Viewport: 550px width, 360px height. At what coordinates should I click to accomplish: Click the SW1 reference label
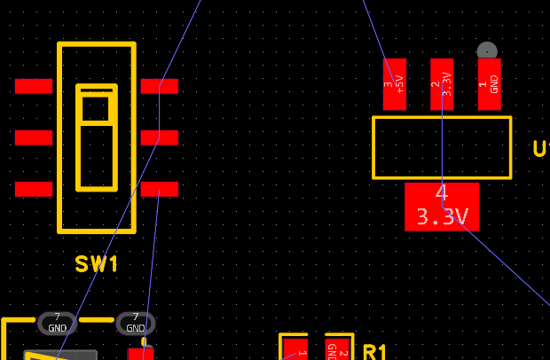(x=97, y=264)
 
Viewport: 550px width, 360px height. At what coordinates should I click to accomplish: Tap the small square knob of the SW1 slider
(x=96, y=106)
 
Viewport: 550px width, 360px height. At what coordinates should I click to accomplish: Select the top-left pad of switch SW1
(x=34, y=86)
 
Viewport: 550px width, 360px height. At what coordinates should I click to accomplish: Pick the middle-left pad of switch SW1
(x=34, y=137)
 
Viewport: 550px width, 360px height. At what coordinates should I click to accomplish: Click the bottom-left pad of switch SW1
(x=34, y=189)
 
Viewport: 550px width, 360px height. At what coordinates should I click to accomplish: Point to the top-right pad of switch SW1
(x=160, y=86)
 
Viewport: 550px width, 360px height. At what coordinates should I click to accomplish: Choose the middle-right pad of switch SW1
(x=160, y=137)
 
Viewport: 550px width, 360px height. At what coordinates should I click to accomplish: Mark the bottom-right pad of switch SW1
(x=160, y=189)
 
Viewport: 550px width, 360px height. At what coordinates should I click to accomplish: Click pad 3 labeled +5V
(x=394, y=84)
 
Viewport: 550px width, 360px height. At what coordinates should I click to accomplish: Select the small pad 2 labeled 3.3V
(x=442, y=84)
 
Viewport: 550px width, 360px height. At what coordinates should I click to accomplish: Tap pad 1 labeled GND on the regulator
(x=490, y=84)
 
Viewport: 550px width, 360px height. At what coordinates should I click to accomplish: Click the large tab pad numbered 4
(x=442, y=206)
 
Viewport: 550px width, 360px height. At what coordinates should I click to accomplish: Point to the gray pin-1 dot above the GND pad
(x=487, y=51)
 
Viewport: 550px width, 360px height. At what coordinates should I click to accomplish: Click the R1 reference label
(x=375, y=352)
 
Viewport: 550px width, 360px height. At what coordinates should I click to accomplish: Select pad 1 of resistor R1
(x=295, y=349)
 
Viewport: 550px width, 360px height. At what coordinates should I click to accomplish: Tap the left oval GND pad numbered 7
(x=58, y=323)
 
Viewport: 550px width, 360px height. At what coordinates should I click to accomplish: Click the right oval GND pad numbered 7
(x=136, y=323)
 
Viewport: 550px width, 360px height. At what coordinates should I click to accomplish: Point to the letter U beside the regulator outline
(x=540, y=149)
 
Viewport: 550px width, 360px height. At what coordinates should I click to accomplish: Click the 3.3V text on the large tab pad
(x=442, y=217)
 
